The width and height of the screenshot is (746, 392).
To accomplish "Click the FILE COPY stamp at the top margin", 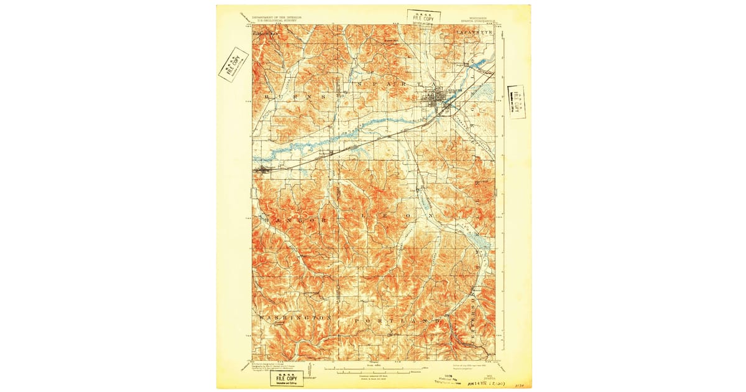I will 420,17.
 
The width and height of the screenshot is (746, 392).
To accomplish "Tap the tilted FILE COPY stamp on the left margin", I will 233,64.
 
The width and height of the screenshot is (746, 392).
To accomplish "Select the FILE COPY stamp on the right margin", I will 516,101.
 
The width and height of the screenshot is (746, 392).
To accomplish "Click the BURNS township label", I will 295,98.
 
